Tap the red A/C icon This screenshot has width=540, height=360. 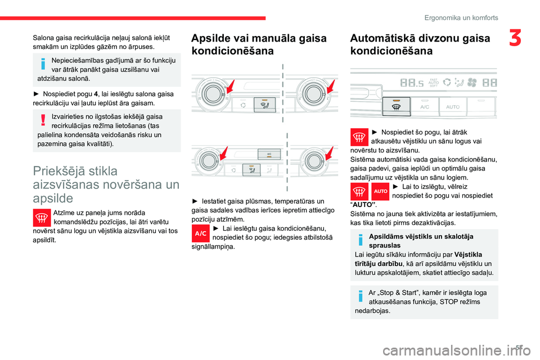point(201,233)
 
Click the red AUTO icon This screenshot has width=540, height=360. point(381,191)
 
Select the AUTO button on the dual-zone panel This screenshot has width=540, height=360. point(453,106)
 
